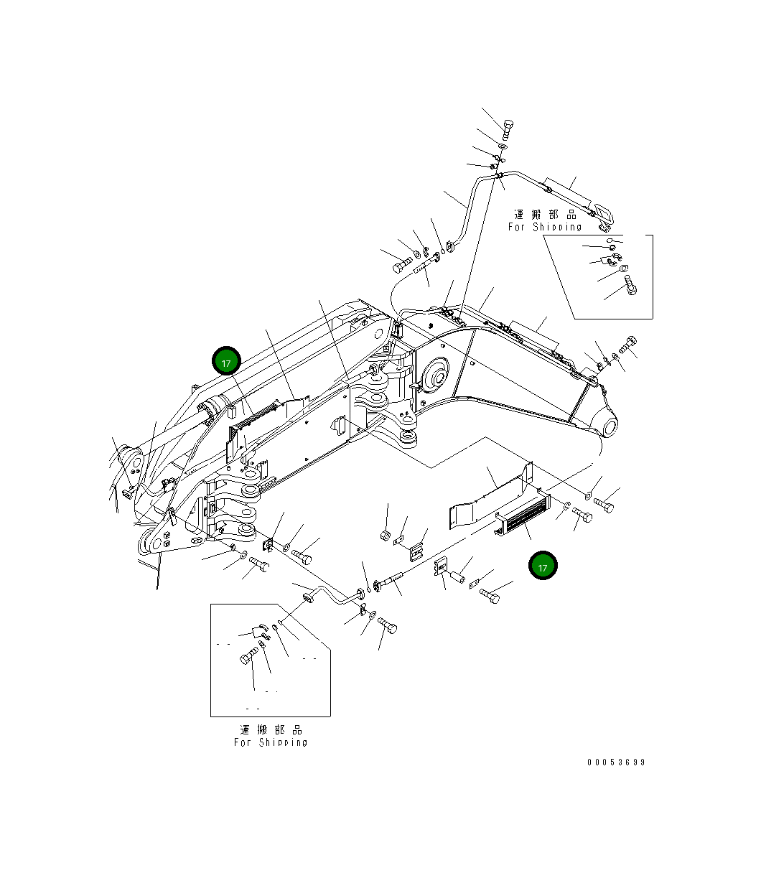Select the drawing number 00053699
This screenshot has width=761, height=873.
[x=616, y=762]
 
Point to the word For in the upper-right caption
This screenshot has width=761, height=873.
[x=516, y=227]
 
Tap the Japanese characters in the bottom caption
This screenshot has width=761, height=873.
[x=271, y=729]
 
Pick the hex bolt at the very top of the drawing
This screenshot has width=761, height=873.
[x=508, y=130]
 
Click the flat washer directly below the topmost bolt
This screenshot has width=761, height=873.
[x=503, y=146]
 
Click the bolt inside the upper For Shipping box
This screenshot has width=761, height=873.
[x=630, y=285]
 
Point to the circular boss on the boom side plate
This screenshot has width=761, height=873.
[x=434, y=375]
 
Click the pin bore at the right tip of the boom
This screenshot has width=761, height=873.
[x=610, y=427]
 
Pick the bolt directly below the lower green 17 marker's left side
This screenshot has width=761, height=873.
[x=490, y=595]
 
